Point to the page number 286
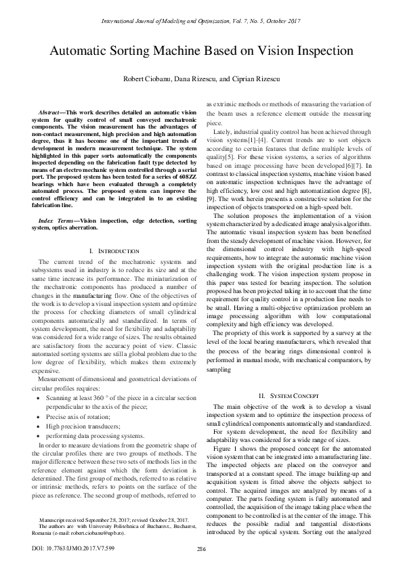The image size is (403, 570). [201, 548]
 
